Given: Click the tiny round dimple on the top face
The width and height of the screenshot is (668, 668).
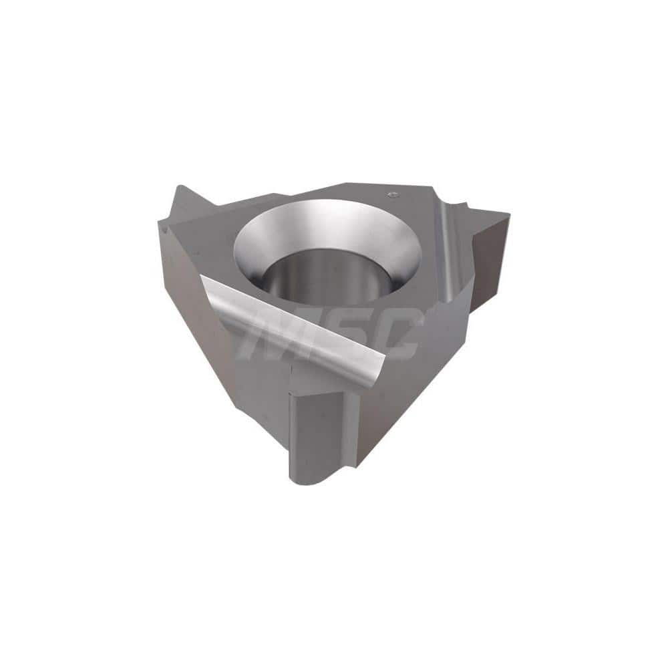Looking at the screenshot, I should click(393, 194).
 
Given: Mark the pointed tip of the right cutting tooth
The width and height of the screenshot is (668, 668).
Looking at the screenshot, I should click(509, 214).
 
